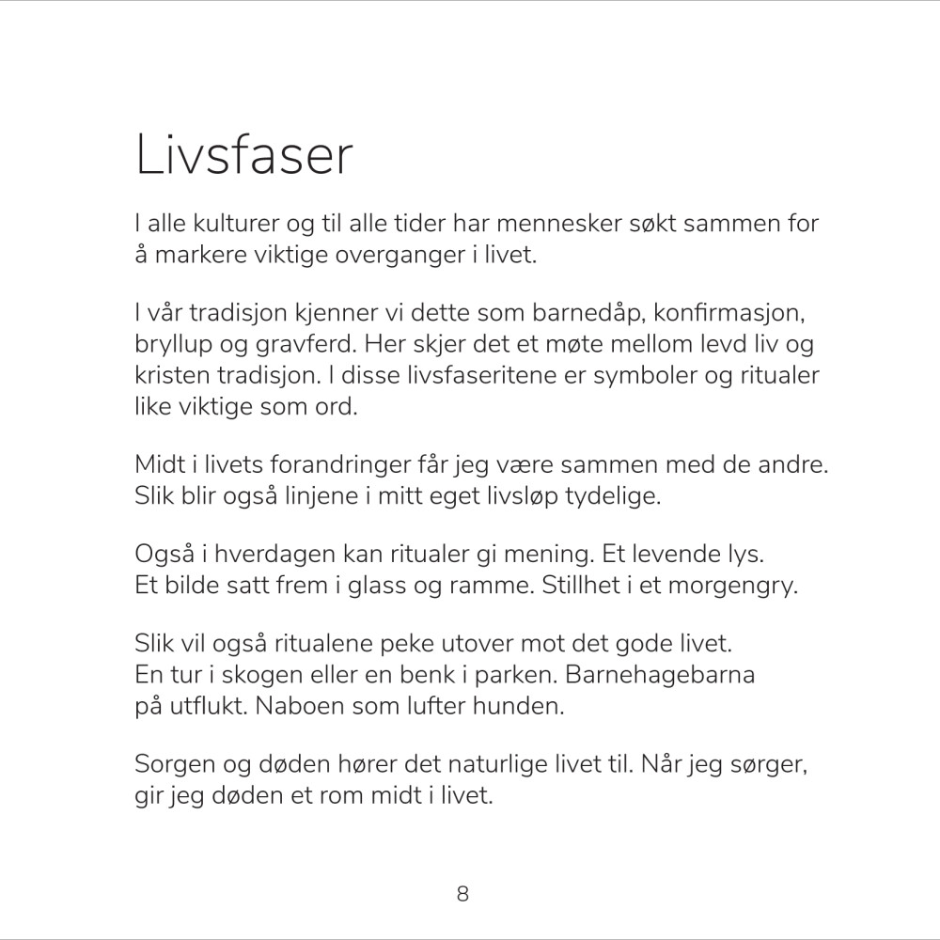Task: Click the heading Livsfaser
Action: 244,156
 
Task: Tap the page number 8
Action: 462,893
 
